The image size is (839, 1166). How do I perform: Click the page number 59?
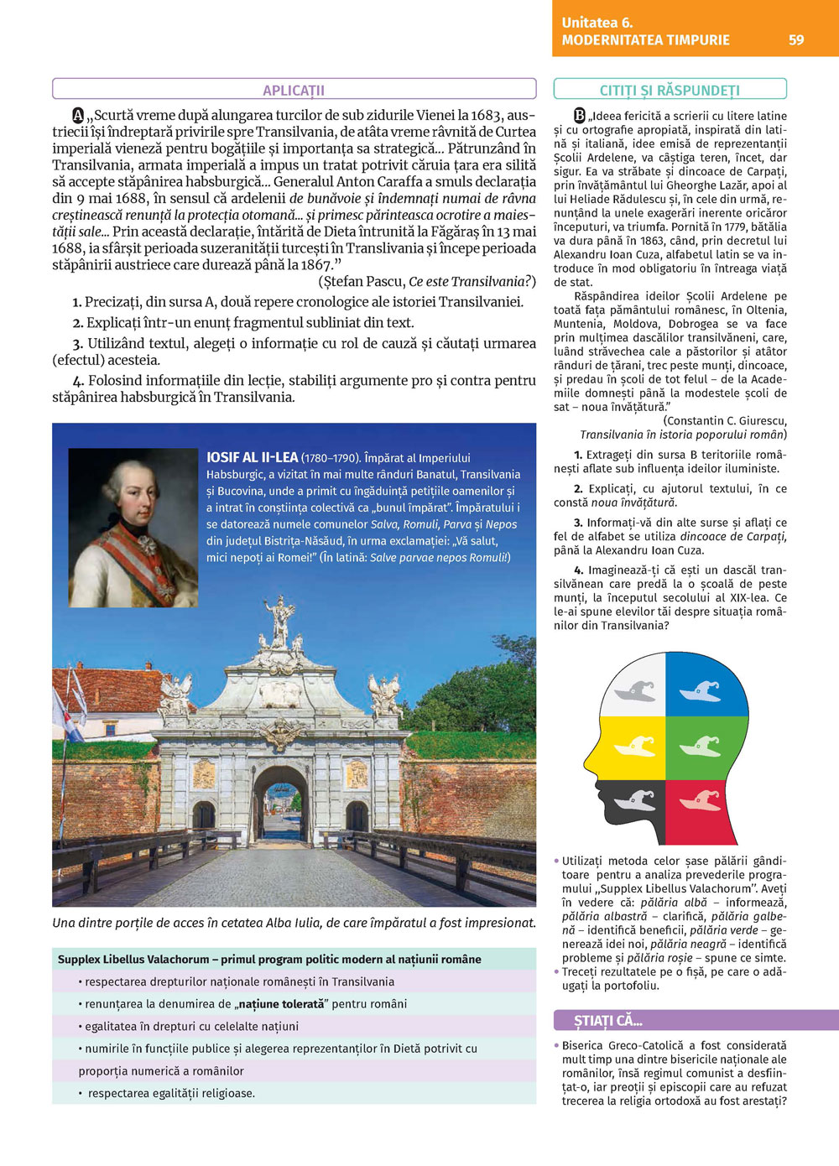[x=796, y=39]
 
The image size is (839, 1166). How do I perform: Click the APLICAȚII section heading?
[x=294, y=90]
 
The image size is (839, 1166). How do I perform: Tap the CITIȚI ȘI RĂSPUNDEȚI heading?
[x=670, y=90]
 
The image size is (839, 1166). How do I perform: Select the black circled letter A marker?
[x=78, y=115]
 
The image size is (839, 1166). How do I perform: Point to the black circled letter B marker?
[x=579, y=115]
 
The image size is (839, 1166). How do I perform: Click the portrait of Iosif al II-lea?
[x=133, y=528]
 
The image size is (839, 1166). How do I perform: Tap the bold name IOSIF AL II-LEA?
[x=253, y=457]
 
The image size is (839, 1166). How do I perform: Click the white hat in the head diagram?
[x=635, y=690]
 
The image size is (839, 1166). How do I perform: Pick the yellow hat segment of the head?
[x=635, y=746]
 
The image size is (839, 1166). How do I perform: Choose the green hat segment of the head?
[x=701, y=746]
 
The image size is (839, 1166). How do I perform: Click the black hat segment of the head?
[x=636, y=800]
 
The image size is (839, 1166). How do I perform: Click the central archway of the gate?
[x=281, y=805]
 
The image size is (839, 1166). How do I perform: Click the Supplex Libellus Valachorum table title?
[x=269, y=959]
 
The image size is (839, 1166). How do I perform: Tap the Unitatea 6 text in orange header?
[x=597, y=23]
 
